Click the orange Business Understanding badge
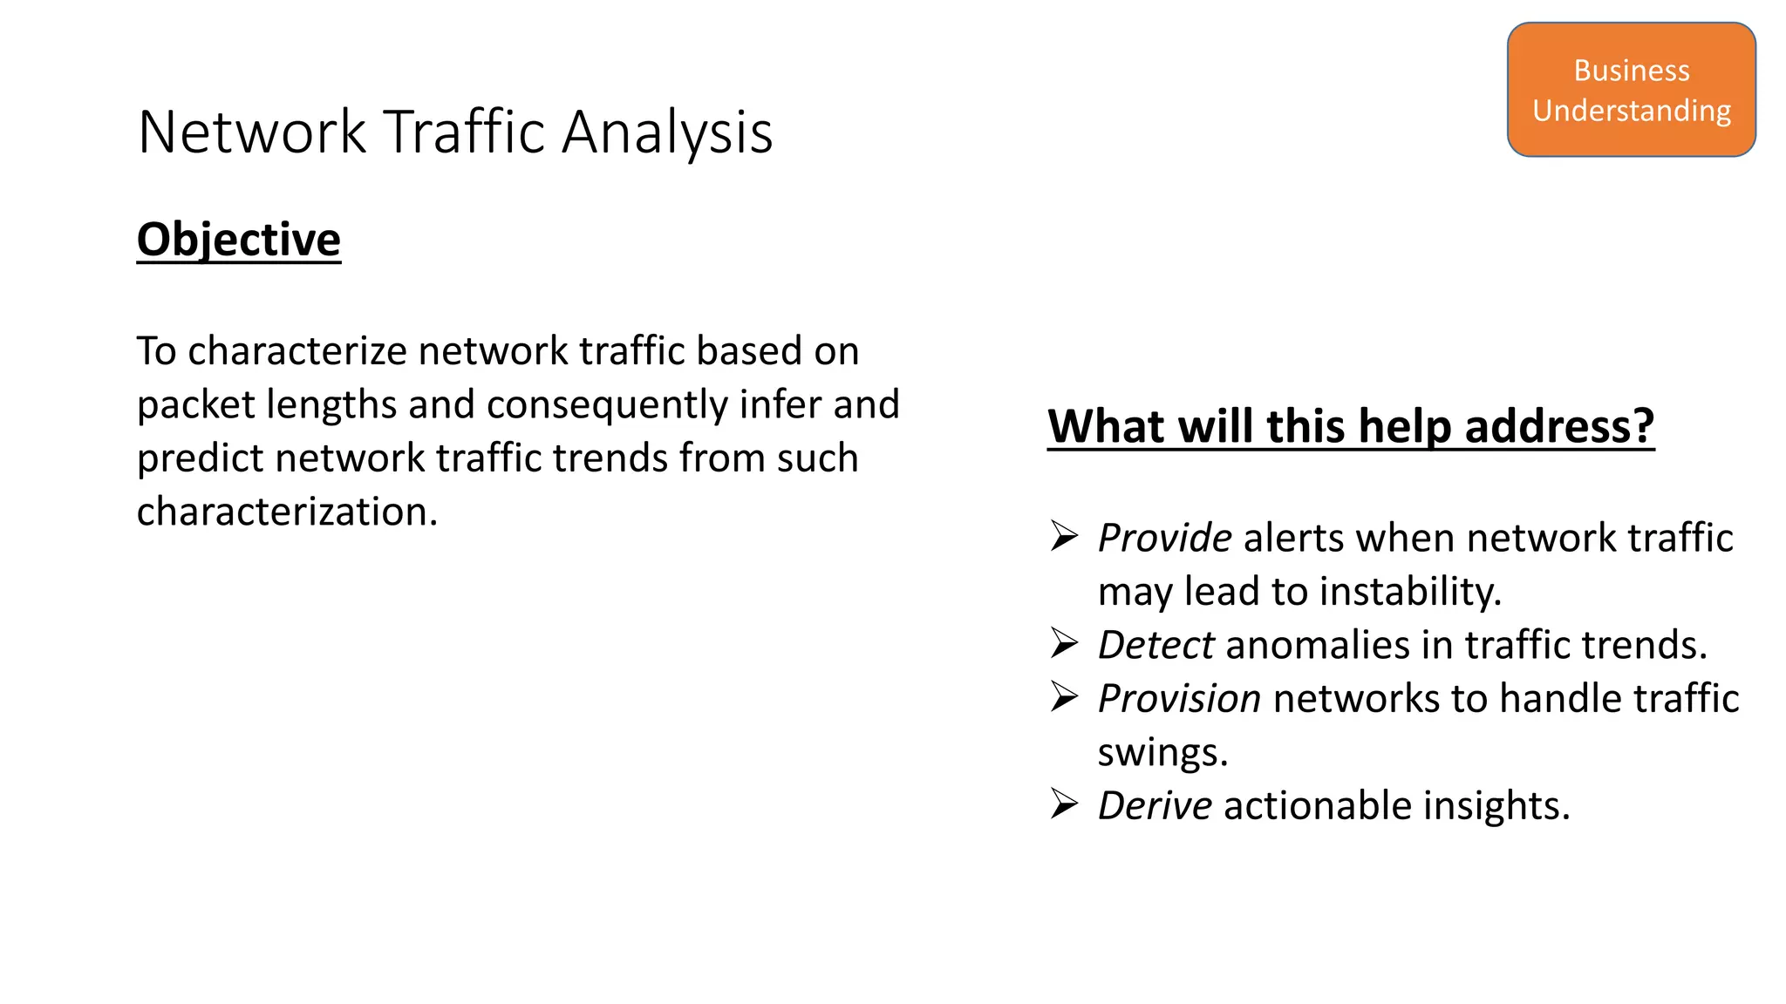1631,90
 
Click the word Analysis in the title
667,132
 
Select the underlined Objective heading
239,240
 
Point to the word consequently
607,404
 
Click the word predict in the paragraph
200,458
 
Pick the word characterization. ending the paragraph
287,512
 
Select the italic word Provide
1164,538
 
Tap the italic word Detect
1155,645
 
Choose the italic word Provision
1179,699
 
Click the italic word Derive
1155,805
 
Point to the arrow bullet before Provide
1065,537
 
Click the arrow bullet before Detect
1065,644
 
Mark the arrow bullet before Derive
1065,804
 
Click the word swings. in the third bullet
1162,753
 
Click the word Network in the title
252,132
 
